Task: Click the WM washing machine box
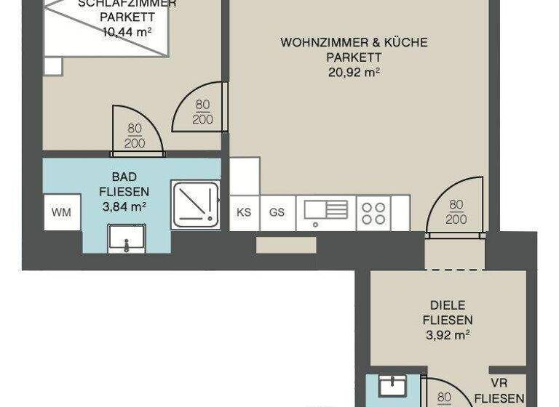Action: tap(62, 212)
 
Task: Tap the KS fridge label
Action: tap(245, 212)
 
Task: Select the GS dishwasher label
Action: tap(277, 212)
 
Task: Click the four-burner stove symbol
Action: tap(373, 213)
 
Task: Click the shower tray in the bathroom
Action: tap(196, 203)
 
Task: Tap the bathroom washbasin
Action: tap(126, 238)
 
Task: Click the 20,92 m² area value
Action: tap(354, 71)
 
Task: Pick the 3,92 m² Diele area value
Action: tap(448, 334)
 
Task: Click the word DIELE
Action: tap(448, 305)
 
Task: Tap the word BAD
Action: tap(124, 177)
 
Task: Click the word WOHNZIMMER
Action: tap(315, 42)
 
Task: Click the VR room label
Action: tap(499, 383)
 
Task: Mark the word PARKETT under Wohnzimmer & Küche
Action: tap(354, 57)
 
